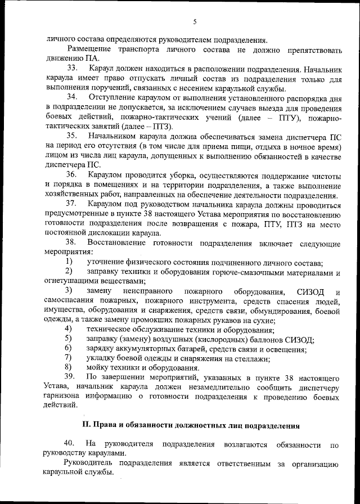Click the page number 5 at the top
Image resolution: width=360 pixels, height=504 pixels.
click(195, 22)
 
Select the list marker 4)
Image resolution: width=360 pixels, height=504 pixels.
click(68, 328)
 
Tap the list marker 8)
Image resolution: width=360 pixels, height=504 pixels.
click(68, 366)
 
